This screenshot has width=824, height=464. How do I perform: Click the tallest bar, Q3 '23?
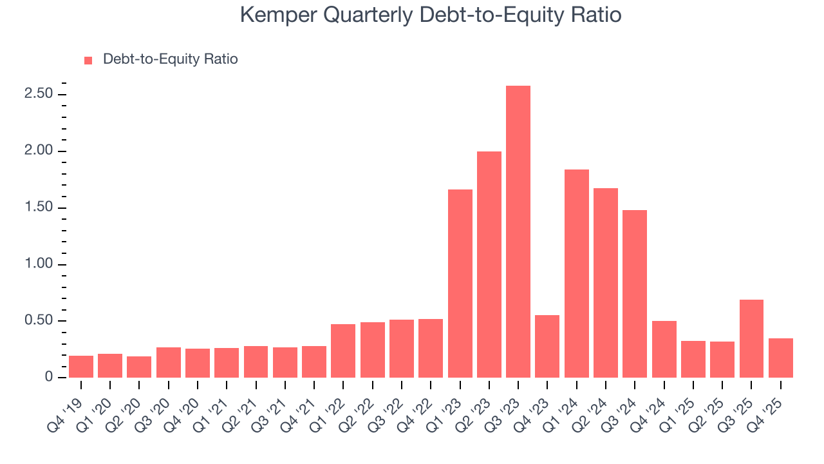pyautogui.click(x=518, y=232)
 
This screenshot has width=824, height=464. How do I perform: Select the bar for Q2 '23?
pyautogui.click(x=489, y=264)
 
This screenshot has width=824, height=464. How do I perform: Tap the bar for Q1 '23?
pyautogui.click(x=460, y=284)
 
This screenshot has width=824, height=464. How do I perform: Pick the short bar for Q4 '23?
pyautogui.click(x=547, y=347)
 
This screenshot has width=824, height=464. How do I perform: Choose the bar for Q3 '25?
pyautogui.click(x=751, y=339)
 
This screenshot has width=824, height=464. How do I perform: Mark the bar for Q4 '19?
pyautogui.click(x=81, y=367)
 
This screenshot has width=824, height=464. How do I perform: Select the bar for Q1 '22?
pyautogui.click(x=343, y=351)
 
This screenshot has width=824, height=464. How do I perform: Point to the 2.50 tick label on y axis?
pyautogui.click(x=38, y=95)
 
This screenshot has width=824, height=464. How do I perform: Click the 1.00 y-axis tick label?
pyautogui.click(x=38, y=265)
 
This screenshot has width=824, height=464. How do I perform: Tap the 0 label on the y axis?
pyautogui.click(x=48, y=378)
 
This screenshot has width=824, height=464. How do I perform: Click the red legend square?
pyautogui.click(x=89, y=60)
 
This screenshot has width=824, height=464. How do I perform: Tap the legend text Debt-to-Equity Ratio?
pyautogui.click(x=170, y=59)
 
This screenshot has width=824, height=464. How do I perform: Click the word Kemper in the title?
pyautogui.click(x=279, y=15)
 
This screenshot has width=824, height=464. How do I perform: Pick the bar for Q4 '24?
pyautogui.click(x=664, y=349)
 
